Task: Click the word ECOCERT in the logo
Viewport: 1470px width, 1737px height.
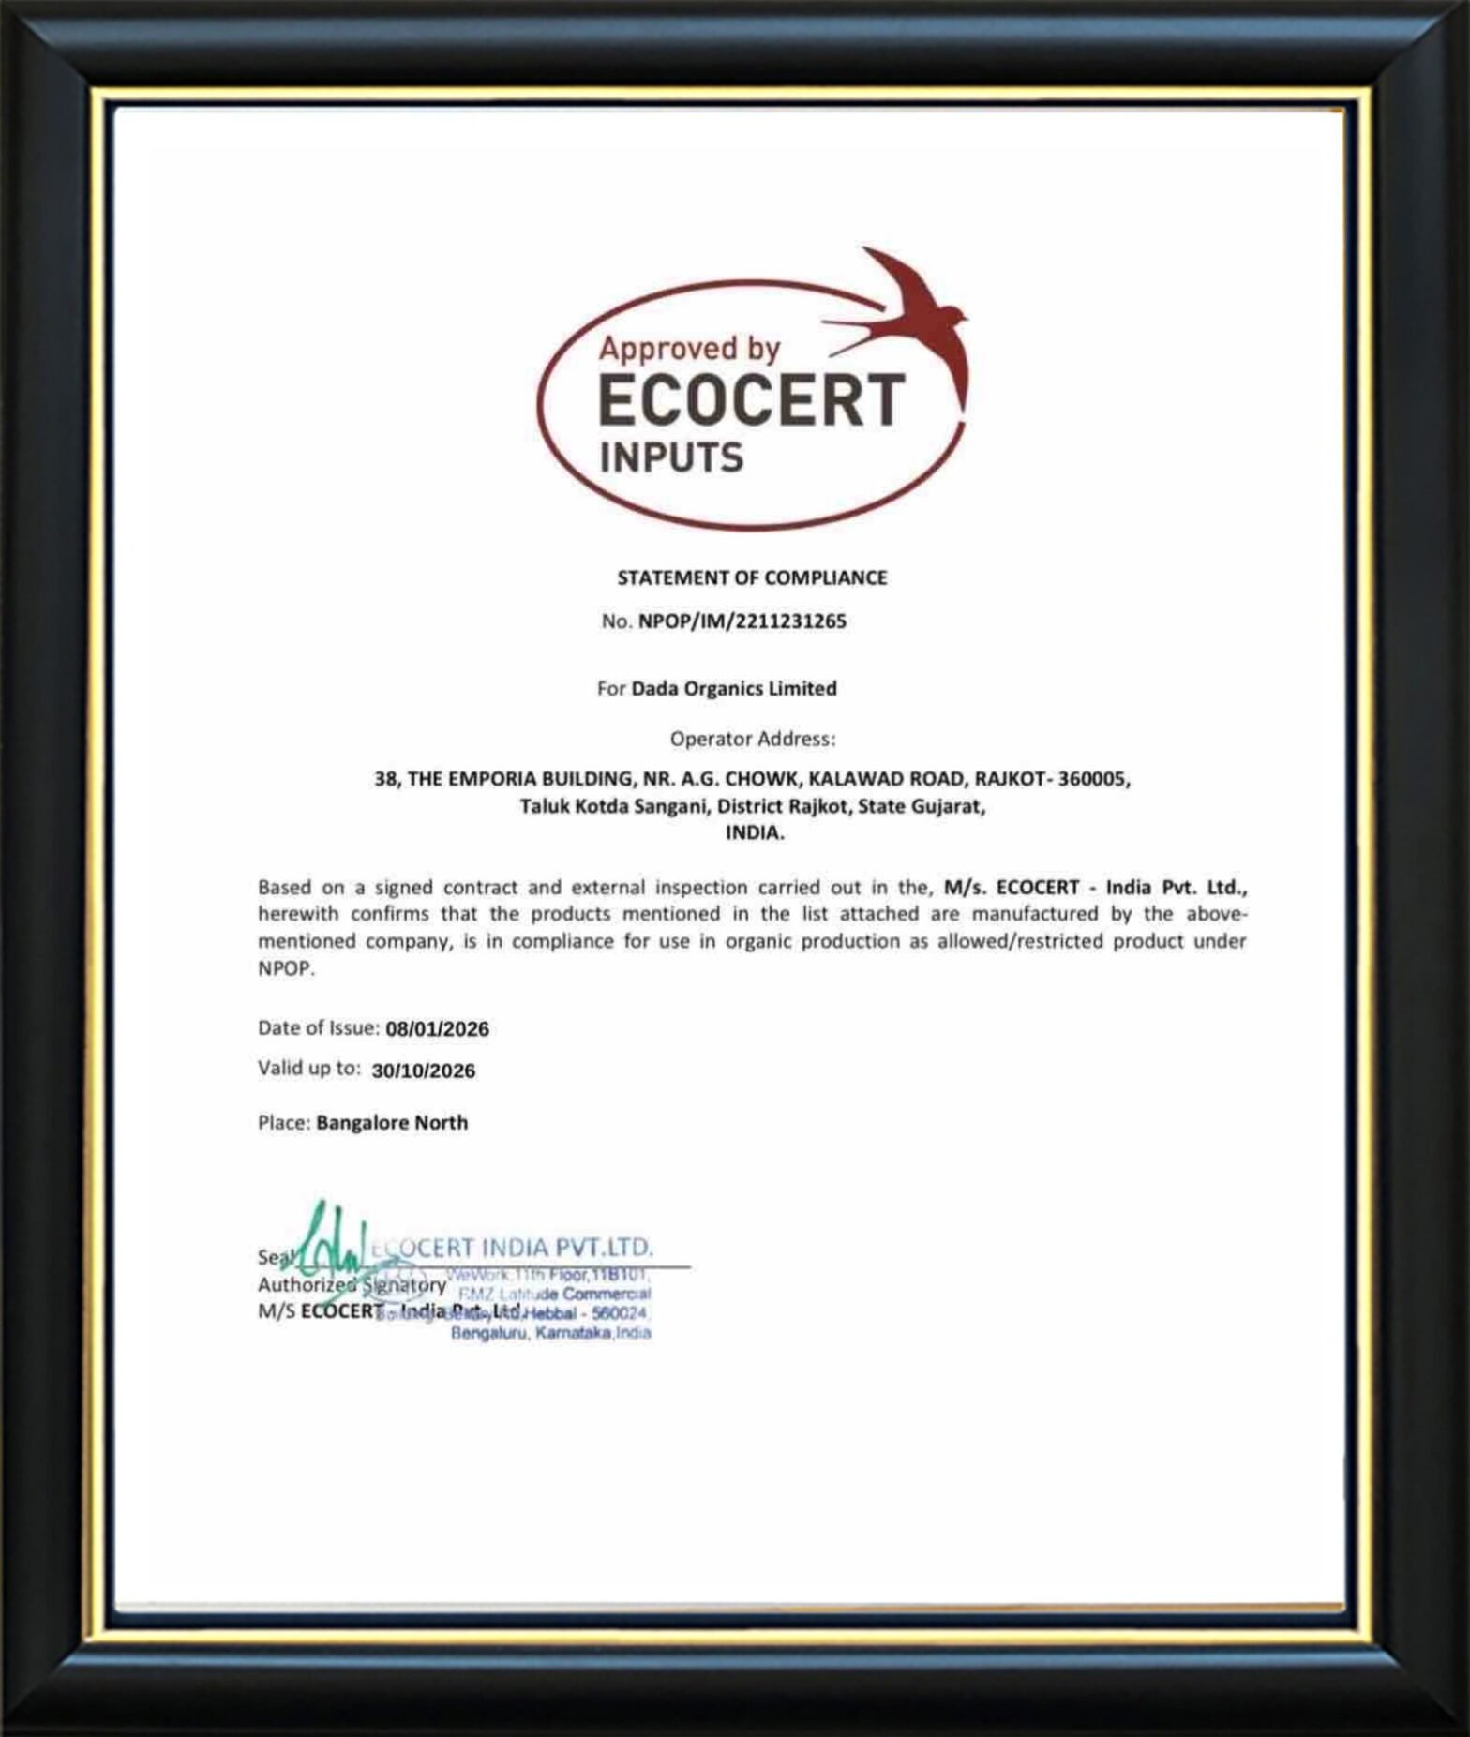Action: tap(750, 400)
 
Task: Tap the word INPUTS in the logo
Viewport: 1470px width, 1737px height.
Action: tap(670, 458)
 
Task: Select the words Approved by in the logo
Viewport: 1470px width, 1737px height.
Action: tap(689, 349)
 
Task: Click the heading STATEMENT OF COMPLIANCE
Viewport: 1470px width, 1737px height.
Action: tap(751, 577)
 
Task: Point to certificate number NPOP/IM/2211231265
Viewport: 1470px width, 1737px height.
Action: tap(742, 621)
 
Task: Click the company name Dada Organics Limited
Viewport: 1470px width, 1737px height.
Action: tap(733, 688)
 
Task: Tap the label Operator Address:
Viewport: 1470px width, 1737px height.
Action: tap(752, 739)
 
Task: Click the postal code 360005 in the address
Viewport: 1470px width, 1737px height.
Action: tap(1093, 779)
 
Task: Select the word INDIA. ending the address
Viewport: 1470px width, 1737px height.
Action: tap(755, 832)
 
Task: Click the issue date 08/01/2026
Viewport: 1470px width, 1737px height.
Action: tap(437, 1028)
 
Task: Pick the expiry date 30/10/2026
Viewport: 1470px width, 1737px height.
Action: tap(423, 1071)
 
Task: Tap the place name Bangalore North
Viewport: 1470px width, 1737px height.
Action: tap(392, 1122)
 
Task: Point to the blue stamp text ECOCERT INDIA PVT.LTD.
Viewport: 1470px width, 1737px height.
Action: tap(521, 1248)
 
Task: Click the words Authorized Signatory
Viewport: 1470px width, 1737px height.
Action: tap(352, 1284)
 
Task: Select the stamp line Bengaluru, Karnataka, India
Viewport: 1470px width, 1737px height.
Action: tap(550, 1333)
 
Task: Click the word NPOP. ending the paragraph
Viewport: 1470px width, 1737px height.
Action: tap(286, 968)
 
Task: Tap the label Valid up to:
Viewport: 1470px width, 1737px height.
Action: tap(308, 1068)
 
